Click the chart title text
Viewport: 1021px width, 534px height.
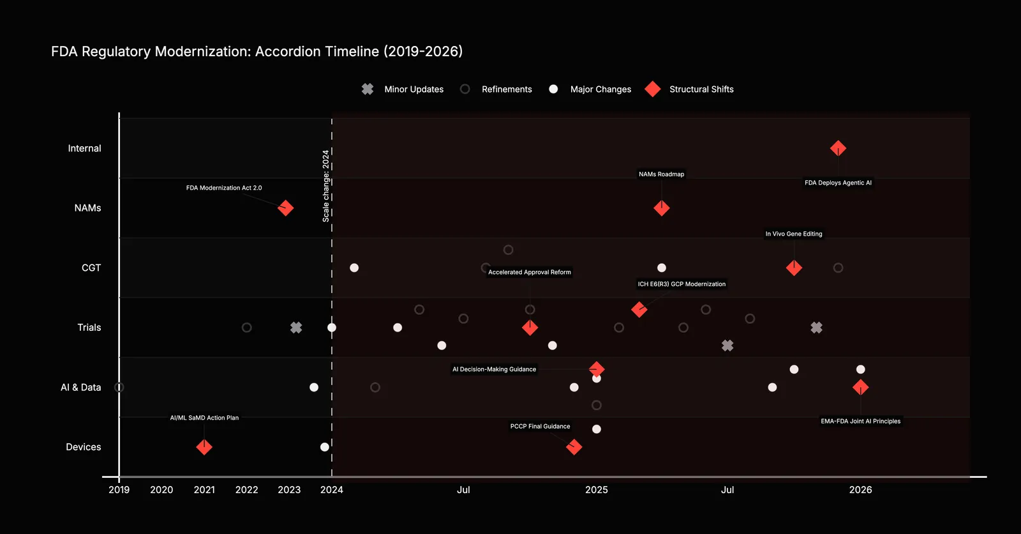[257, 52]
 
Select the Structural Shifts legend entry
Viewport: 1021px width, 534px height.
[689, 89]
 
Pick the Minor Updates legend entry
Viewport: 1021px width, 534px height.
[402, 89]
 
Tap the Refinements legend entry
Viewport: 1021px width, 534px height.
[496, 89]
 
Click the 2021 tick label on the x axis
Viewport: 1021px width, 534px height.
[204, 490]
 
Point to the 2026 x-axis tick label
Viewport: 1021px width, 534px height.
[861, 490]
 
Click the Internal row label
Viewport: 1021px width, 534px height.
[84, 148]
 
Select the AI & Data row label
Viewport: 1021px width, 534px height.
[80, 388]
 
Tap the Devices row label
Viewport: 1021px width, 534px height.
[84, 447]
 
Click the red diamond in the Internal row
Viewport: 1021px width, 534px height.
[838, 148]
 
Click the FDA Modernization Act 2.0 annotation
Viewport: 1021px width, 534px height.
[224, 188]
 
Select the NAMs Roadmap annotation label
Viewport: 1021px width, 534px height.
[661, 174]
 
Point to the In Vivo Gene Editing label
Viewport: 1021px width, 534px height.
[794, 234]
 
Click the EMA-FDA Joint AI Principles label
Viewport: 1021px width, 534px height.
[861, 422]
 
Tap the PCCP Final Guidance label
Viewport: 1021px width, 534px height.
[540, 426]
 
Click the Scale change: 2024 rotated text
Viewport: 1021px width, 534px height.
[325, 186]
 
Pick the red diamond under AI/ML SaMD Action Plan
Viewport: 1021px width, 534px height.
[204, 447]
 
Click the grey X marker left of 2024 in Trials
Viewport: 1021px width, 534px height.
[296, 328]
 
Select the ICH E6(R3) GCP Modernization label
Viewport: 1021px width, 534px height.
[682, 284]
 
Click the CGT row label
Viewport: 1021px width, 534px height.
[91, 268]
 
